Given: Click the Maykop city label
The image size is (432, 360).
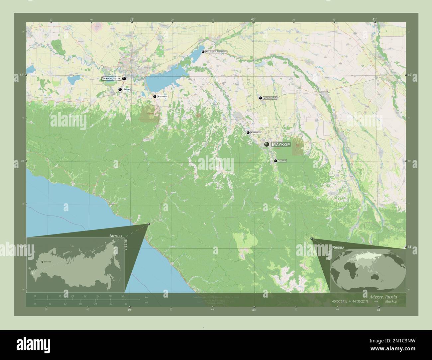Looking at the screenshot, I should (281, 144).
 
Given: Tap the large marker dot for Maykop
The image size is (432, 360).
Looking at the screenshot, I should (267, 144).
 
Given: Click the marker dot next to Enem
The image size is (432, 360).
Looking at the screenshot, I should (120, 89).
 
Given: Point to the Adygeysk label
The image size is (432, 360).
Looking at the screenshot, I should (163, 97).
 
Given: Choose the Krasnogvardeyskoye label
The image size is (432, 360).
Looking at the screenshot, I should (216, 52).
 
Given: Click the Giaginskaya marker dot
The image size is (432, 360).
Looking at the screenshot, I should (261, 98).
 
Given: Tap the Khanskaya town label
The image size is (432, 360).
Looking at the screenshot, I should (256, 133).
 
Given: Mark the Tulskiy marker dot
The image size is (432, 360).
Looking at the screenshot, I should (275, 161).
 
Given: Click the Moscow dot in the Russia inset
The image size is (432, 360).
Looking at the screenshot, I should (42, 262).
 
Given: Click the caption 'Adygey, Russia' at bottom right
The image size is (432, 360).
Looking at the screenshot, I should (383, 296).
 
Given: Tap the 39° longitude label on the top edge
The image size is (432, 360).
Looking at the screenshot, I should (132, 20).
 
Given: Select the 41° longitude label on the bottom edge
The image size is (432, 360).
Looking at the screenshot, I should (378, 310).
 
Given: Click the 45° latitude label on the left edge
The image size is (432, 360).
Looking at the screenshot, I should (22, 75).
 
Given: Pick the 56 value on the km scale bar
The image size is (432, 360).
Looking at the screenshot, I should (123, 296).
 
